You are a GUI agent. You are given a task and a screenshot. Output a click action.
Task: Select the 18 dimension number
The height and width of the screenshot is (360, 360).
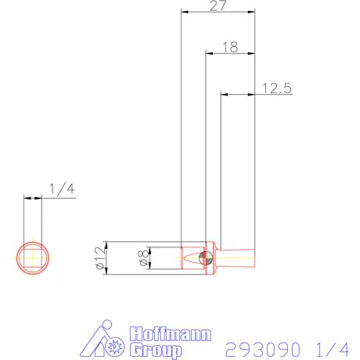(229, 47)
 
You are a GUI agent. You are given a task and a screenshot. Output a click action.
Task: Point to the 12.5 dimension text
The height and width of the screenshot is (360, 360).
(276, 88)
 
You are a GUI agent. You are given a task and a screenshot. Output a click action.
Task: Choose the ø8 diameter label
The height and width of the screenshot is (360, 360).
(142, 258)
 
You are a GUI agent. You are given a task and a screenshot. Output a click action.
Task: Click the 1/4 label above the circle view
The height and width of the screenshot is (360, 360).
(60, 189)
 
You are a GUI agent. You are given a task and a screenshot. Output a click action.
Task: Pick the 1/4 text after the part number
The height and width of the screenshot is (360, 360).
(333, 347)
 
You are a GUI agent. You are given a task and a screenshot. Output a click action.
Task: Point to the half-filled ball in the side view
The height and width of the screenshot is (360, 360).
(206, 257)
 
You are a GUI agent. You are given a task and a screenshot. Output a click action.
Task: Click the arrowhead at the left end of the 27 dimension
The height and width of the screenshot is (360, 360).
(183, 12)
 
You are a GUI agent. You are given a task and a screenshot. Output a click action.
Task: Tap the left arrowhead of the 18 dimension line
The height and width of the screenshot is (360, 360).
(208, 53)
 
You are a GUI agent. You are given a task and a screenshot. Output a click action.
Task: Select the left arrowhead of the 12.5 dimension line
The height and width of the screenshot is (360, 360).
(223, 95)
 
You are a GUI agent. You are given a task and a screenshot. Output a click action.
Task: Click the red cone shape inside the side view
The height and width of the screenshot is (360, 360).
(190, 257)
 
